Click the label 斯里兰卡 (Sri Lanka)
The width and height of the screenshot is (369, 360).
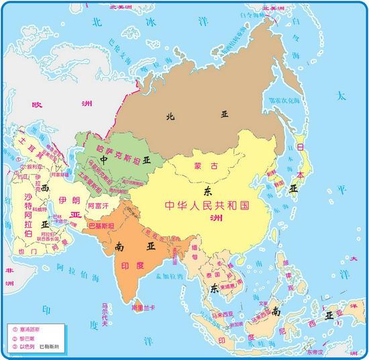(x=143, y=307)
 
